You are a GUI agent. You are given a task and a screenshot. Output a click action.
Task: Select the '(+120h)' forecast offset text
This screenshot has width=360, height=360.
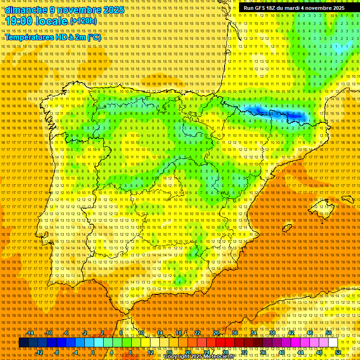(x=83, y=21)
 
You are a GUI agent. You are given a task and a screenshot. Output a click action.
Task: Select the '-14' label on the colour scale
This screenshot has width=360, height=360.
(x=30, y=333)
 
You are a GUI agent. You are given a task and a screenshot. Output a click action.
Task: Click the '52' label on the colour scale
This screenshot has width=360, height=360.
(x=338, y=352)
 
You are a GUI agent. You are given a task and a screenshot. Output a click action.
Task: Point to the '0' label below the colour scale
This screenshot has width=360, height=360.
(x=93, y=352)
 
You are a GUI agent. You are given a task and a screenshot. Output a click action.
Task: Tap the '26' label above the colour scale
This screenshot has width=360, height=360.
(x=216, y=333)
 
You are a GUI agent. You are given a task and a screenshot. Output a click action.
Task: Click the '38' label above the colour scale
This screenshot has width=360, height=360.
(x=272, y=333)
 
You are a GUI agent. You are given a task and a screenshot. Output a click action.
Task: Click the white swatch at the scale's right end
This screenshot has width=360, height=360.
(x=333, y=343)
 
